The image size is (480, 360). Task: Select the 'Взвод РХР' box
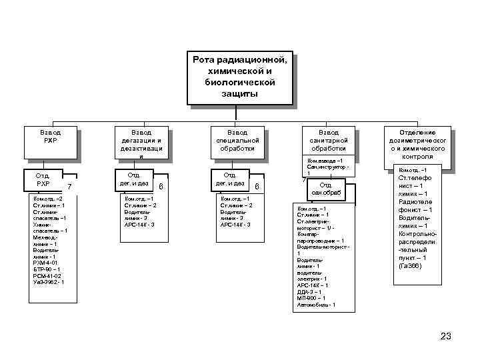(51, 142)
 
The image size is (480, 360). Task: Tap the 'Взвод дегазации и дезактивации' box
(141, 143)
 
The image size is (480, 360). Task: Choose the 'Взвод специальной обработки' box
(237, 142)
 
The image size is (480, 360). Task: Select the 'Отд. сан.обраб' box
(326, 189)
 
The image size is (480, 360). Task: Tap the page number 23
(446, 335)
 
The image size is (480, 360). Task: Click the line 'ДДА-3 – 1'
(309, 291)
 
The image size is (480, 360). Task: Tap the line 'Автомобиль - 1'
(315, 305)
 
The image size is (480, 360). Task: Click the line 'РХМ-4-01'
(45, 263)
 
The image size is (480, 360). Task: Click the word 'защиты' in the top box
(239, 94)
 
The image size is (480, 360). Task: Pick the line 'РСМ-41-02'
(47, 275)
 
